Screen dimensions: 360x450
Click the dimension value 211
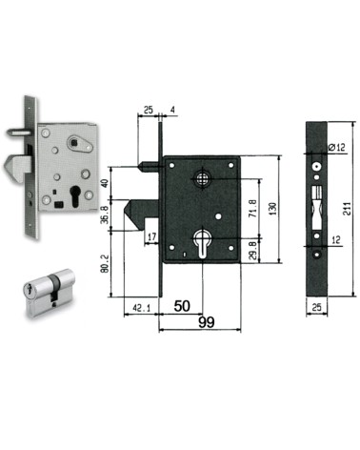coord(349,209)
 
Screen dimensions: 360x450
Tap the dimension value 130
coord(272,209)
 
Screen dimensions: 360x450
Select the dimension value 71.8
coord(252,208)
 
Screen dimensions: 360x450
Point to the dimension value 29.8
coord(252,251)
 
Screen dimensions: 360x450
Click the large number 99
coord(207,322)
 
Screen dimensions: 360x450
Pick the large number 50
coord(182,306)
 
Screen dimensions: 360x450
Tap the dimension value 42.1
coord(142,308)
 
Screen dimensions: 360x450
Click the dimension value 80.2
coord(105,263)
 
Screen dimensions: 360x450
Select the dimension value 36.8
coord(105,215)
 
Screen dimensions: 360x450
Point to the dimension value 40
coord(105,184)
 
